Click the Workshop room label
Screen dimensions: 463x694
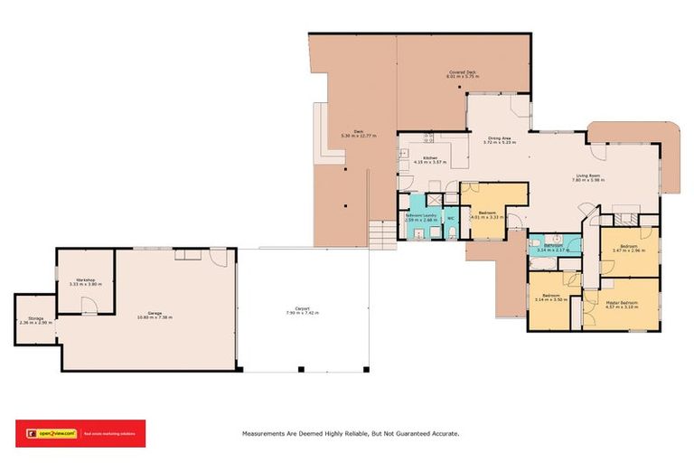point(86,280)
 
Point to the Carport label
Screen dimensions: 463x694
point(303,308)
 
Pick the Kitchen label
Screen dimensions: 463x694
point(430,159)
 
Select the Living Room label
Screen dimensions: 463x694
point(586,175)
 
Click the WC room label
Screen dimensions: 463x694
point(450,218)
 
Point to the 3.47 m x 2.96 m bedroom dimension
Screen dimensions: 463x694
point(629,251)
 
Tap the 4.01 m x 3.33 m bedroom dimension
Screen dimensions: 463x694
point(487,218)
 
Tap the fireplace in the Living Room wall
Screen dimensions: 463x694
point(624,218)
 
